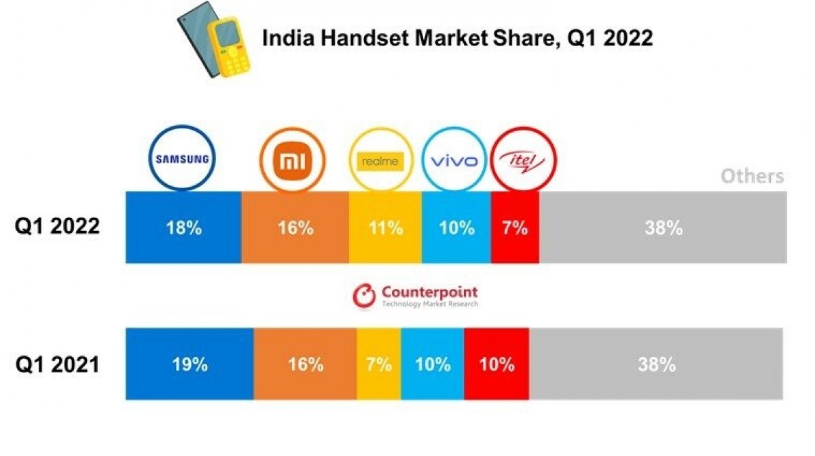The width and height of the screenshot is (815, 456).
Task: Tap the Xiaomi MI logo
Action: click(x=293, y=161)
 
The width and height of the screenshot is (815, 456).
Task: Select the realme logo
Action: click(x=380, y=162)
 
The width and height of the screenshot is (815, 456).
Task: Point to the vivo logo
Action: click(x=454, y=161)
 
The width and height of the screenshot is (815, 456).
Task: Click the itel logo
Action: click(x=524, y=161)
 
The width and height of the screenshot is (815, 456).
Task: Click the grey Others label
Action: click(x=752, y=177)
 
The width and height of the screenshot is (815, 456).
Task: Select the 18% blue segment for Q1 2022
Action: click(x=183, y=228)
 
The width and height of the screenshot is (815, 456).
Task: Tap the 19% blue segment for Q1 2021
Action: click(x=189, y=364)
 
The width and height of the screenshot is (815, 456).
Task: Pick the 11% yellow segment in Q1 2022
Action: click(x=385, y=228)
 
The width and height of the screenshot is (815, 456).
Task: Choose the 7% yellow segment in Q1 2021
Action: click(x=378, y=364)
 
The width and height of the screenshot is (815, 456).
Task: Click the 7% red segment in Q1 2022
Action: click(x=515, y=228)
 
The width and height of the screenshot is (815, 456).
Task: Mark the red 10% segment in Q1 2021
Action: click(x=496, y=364)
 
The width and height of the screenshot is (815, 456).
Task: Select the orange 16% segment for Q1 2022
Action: click(x=295, y=228)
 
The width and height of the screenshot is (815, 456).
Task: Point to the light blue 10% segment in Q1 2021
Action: click(x=433, y=364)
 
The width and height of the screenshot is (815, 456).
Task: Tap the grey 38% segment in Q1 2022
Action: click(x=663, y=228)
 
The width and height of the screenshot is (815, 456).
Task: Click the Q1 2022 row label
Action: click(x=58, y=226)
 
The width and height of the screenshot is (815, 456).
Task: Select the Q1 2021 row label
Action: click(x=58, y=364)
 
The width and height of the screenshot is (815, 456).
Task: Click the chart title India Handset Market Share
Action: click(x=457, y=38)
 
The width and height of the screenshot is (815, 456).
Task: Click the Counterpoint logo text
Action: click(x=429, y=293)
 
